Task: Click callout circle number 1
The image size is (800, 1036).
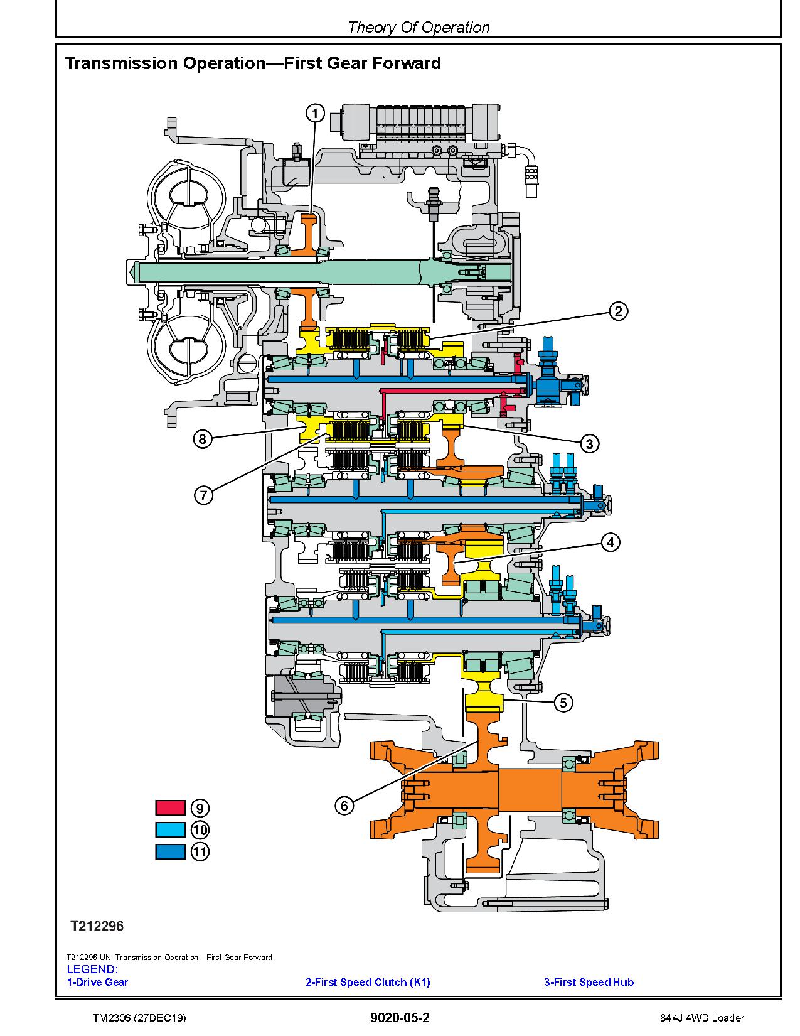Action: pyautogui.click(x=314, y=114)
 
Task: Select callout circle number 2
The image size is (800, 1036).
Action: pyautogui.click(x=618, y=311)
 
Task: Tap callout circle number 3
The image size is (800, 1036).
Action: pyautogui.click(x=589, y=443)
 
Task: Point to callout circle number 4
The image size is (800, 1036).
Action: pyautogui.click(x=611, y=542)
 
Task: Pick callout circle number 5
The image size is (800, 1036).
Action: pyautogui.click(x=563, y=703)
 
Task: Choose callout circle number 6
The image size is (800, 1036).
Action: pyautogui.click(x=344, y=806)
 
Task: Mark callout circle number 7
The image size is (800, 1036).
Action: pyautogui.click(x=203, y=495)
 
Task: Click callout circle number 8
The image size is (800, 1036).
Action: pyautogui.click(x=203, y=439)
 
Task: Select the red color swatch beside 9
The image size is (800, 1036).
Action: pyautogui.click(x=170, y=807)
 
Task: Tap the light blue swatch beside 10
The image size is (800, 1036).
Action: pyautogui.click(x=170, y=829)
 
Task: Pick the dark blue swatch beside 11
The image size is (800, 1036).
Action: pyautogui.click(x=170, y=851)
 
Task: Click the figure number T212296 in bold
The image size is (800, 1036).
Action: pyautogui.click(x=97, y=926)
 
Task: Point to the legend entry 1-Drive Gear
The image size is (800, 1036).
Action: pyautogui.click(x=98, y=982)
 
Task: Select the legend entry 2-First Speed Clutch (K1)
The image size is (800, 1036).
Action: pyautogui.click(x=368, y=982)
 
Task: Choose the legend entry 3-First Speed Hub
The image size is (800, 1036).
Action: pyautogui.click(x=589, y=982)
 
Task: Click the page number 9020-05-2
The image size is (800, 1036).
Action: pyautogui.click(x=400, y=1017)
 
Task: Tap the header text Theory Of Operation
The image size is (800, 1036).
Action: pyautogui.click(x=419, y=27)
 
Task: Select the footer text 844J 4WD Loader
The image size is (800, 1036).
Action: pyautogui.click(x=702, y=1018)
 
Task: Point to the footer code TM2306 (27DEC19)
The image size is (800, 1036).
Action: pyautogui.click(x=139, y=1018)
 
